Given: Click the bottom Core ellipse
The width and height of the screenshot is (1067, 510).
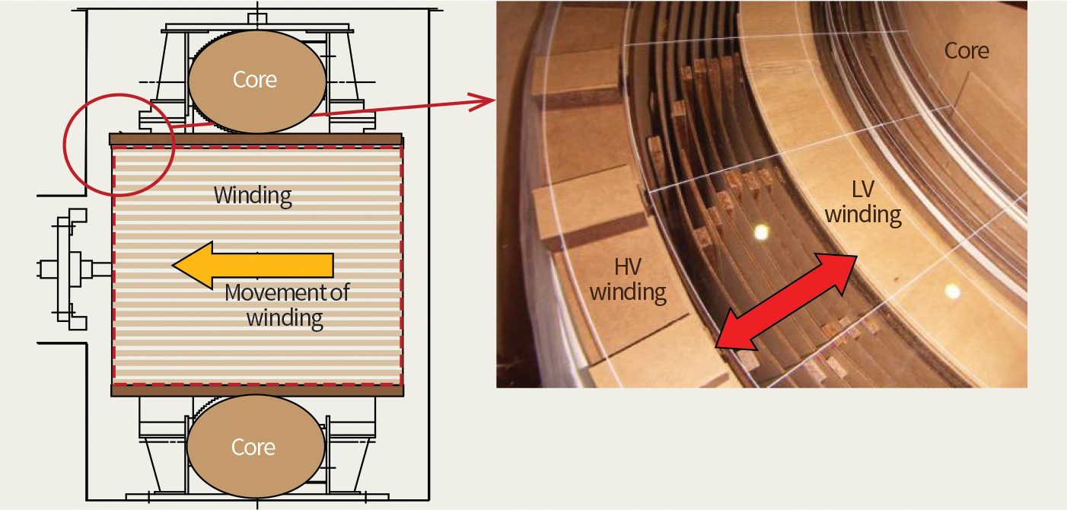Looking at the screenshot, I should point(254,447).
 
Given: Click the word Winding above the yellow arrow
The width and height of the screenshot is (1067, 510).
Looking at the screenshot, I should point(253,195).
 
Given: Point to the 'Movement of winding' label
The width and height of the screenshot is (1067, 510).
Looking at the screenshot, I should point(286,304).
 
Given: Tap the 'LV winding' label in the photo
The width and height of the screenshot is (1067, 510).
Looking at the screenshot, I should point(863,202).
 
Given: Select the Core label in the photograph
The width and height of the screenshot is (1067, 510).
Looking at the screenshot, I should point(967,51).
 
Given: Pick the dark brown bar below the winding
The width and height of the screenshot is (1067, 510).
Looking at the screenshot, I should point(256,390).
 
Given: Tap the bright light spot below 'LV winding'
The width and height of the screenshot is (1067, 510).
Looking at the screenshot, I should point(951,291).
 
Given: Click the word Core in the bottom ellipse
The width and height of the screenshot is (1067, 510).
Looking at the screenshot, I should point(254,447).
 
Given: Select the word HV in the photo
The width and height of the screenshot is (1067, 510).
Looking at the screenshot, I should point(628,266).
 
